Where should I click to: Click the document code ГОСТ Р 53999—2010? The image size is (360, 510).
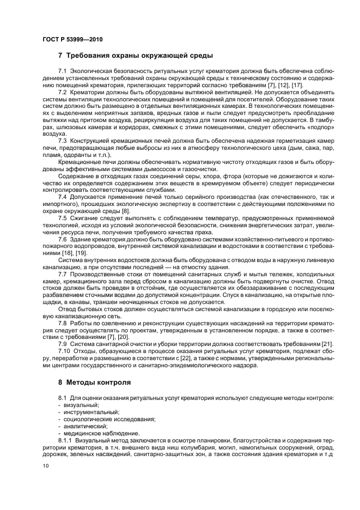pyautogui.click(x=72, y=40)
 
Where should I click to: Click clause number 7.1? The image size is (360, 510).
pyautogui.click(x=62, y=72)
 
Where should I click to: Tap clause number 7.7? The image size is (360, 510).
pyautogui.click(x=62, y=274)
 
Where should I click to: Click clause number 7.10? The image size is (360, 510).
pyautogui.click(x=64, y=353)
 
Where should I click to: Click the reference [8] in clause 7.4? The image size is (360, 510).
pyautogui.click(x=125, y=211)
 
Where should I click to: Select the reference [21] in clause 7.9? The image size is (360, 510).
pyautogui.click(x=326, y=345)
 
